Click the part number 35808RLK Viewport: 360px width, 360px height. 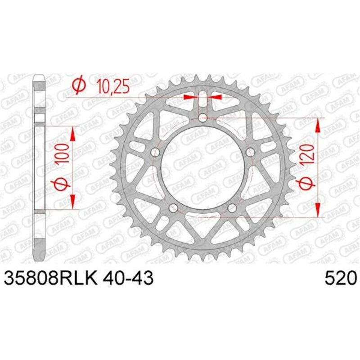coord(50,278)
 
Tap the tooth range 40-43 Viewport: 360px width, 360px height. coord(128,278)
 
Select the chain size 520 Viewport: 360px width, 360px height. coord(341,278)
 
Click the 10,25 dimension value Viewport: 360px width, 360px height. coord(113,86)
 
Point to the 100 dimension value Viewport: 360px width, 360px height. coord(63,153)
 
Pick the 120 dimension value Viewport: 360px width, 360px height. coord(308,154)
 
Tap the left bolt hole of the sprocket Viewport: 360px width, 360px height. coord(156,152)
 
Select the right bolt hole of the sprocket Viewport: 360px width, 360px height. coord(250,152)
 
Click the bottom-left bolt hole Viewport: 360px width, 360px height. coord(173,208)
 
